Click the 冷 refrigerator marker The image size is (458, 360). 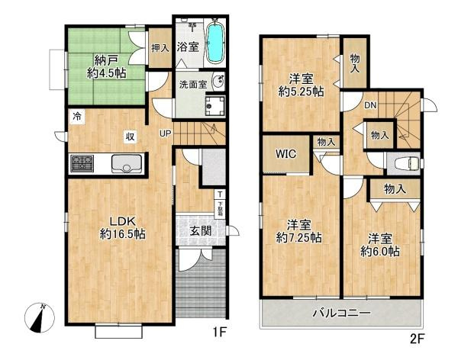(76, 116)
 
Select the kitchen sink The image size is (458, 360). (124, 163)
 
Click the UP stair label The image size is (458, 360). (165, 134)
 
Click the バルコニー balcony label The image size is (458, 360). (341, 313)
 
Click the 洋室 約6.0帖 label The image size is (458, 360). (379, 244)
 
